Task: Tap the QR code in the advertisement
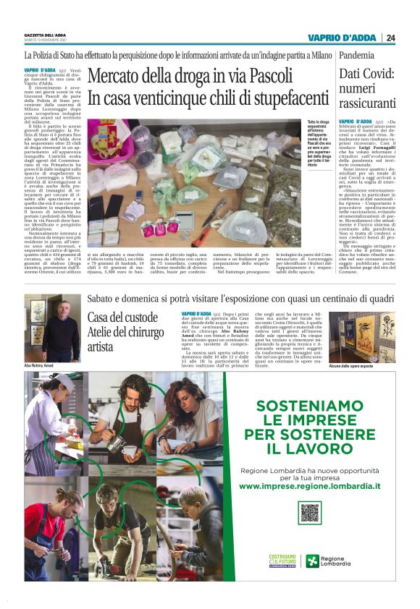[x=310, y=512]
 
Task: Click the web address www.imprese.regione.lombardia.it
[x=310, y=486]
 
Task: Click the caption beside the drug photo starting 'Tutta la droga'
[x=322, y=144]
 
